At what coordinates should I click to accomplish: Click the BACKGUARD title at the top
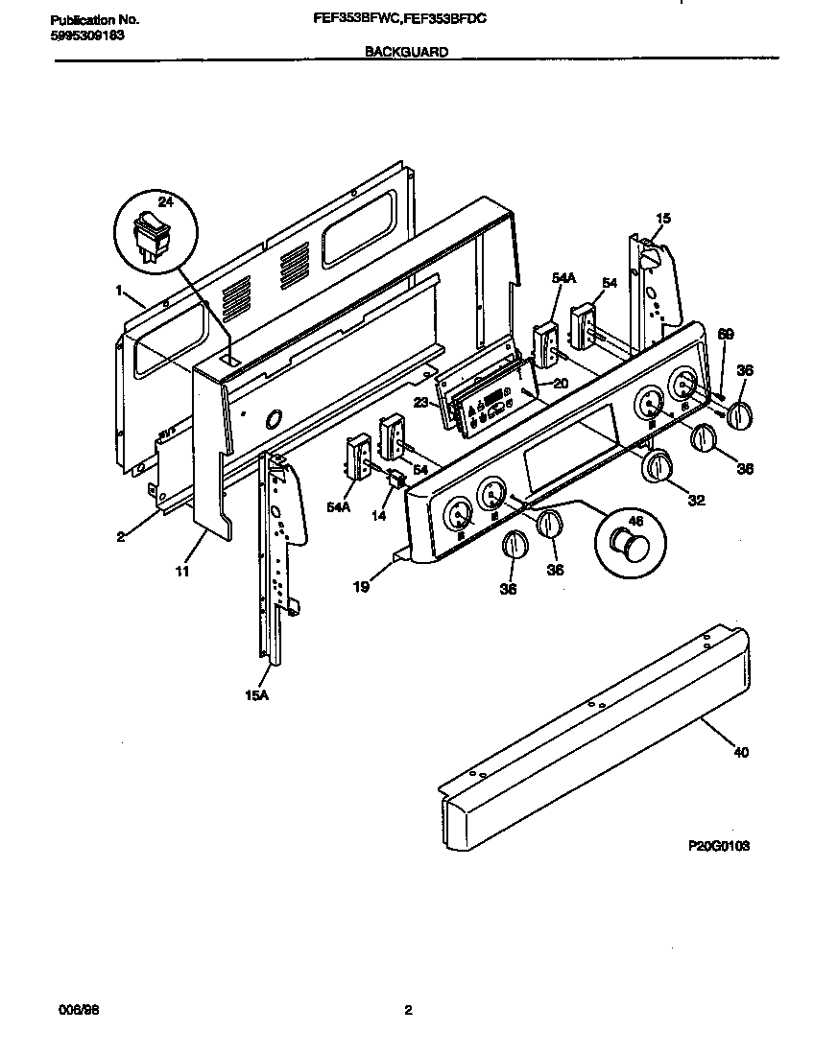coord(406,54)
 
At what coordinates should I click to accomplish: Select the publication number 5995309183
coord(85,35)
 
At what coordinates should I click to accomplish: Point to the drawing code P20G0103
coord(718,846)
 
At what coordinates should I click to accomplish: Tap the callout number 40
coord(740,752)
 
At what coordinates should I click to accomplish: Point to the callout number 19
coord(360,587)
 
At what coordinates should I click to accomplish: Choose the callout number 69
coord(726,333)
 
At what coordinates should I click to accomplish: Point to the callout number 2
coord(121,536)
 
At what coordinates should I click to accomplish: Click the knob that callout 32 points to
coord(657,467)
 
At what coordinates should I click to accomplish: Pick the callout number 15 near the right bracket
coord(663,219)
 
